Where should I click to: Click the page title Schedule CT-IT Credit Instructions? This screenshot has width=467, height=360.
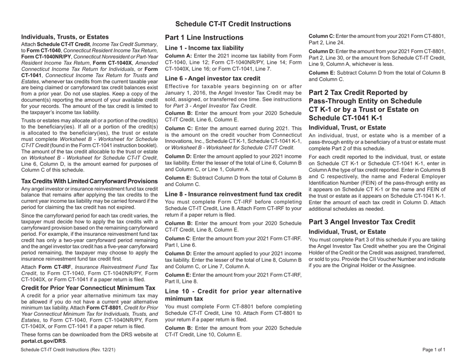tap(233, 24)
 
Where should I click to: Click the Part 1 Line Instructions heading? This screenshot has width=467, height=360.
tap(204, 37)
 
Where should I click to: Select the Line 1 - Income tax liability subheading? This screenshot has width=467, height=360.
tap(204, 48)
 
